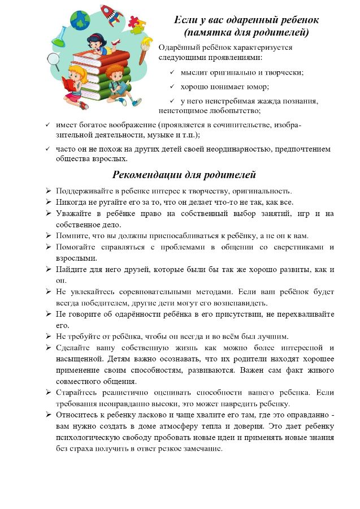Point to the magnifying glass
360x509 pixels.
click(x=54, y=59)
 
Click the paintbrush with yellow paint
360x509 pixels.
click(x=146, y=46)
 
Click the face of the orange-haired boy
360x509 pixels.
click(x=115, y=74)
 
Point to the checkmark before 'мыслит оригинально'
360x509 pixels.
click(x=172, y=72)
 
